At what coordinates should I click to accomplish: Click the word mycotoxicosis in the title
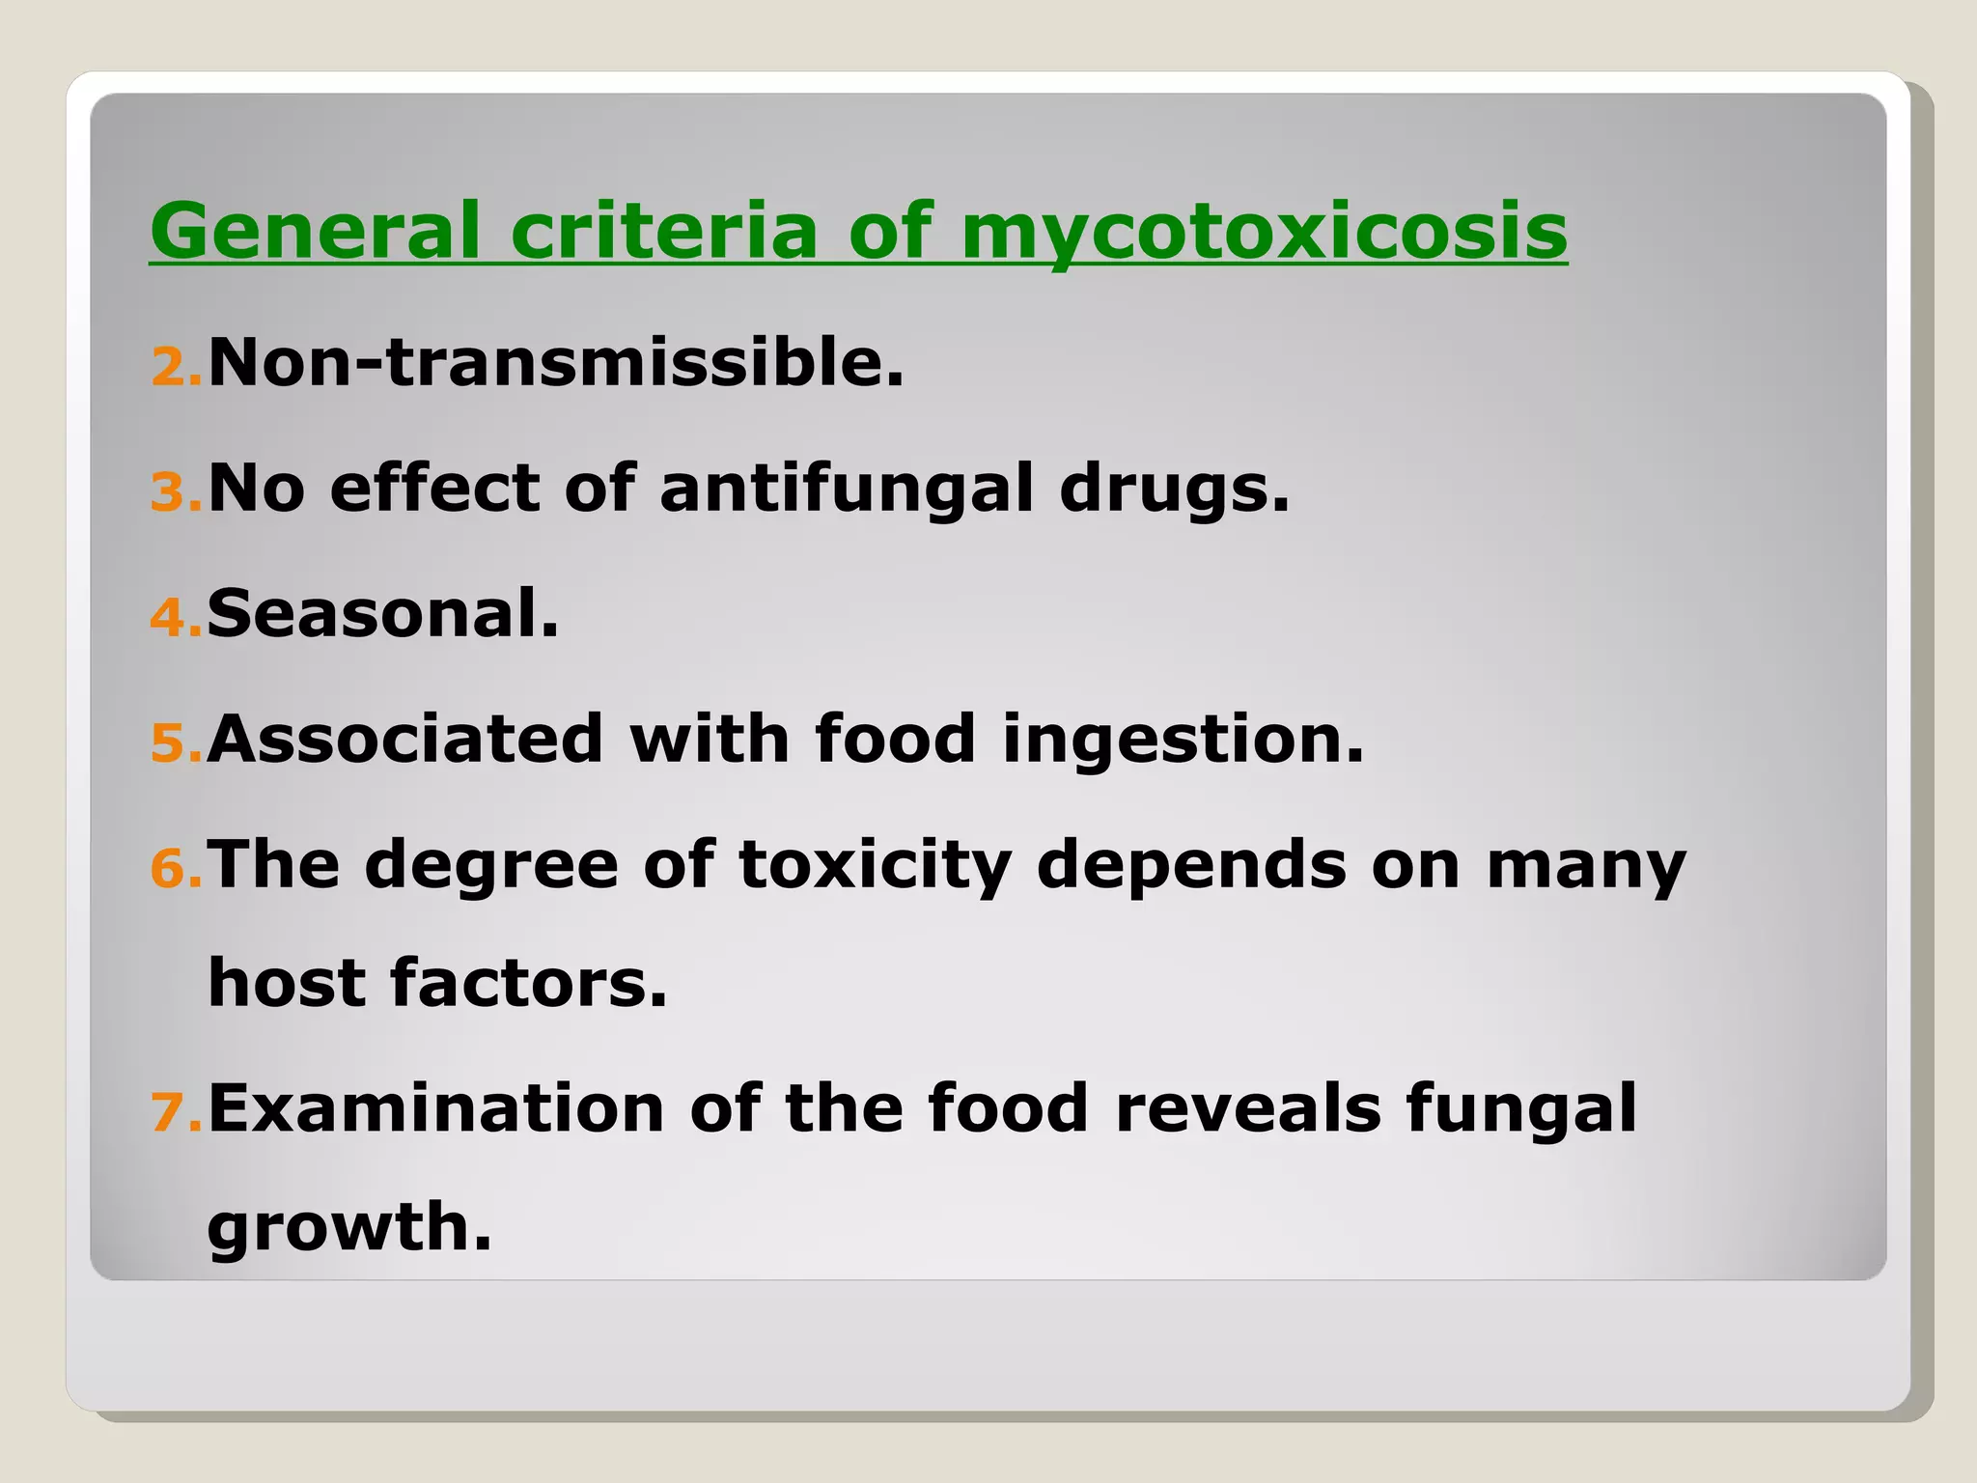1264,232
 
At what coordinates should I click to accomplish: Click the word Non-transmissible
556,363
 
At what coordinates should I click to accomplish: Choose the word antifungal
847,488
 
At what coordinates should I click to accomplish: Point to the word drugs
1174,488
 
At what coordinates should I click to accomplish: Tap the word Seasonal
382,613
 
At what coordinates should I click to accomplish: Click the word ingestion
1183,741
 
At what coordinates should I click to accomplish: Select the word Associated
405,739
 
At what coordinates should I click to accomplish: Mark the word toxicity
875,865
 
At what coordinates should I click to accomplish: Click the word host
287,983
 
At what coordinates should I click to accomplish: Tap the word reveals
1248,1107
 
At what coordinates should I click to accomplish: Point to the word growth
349,1228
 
